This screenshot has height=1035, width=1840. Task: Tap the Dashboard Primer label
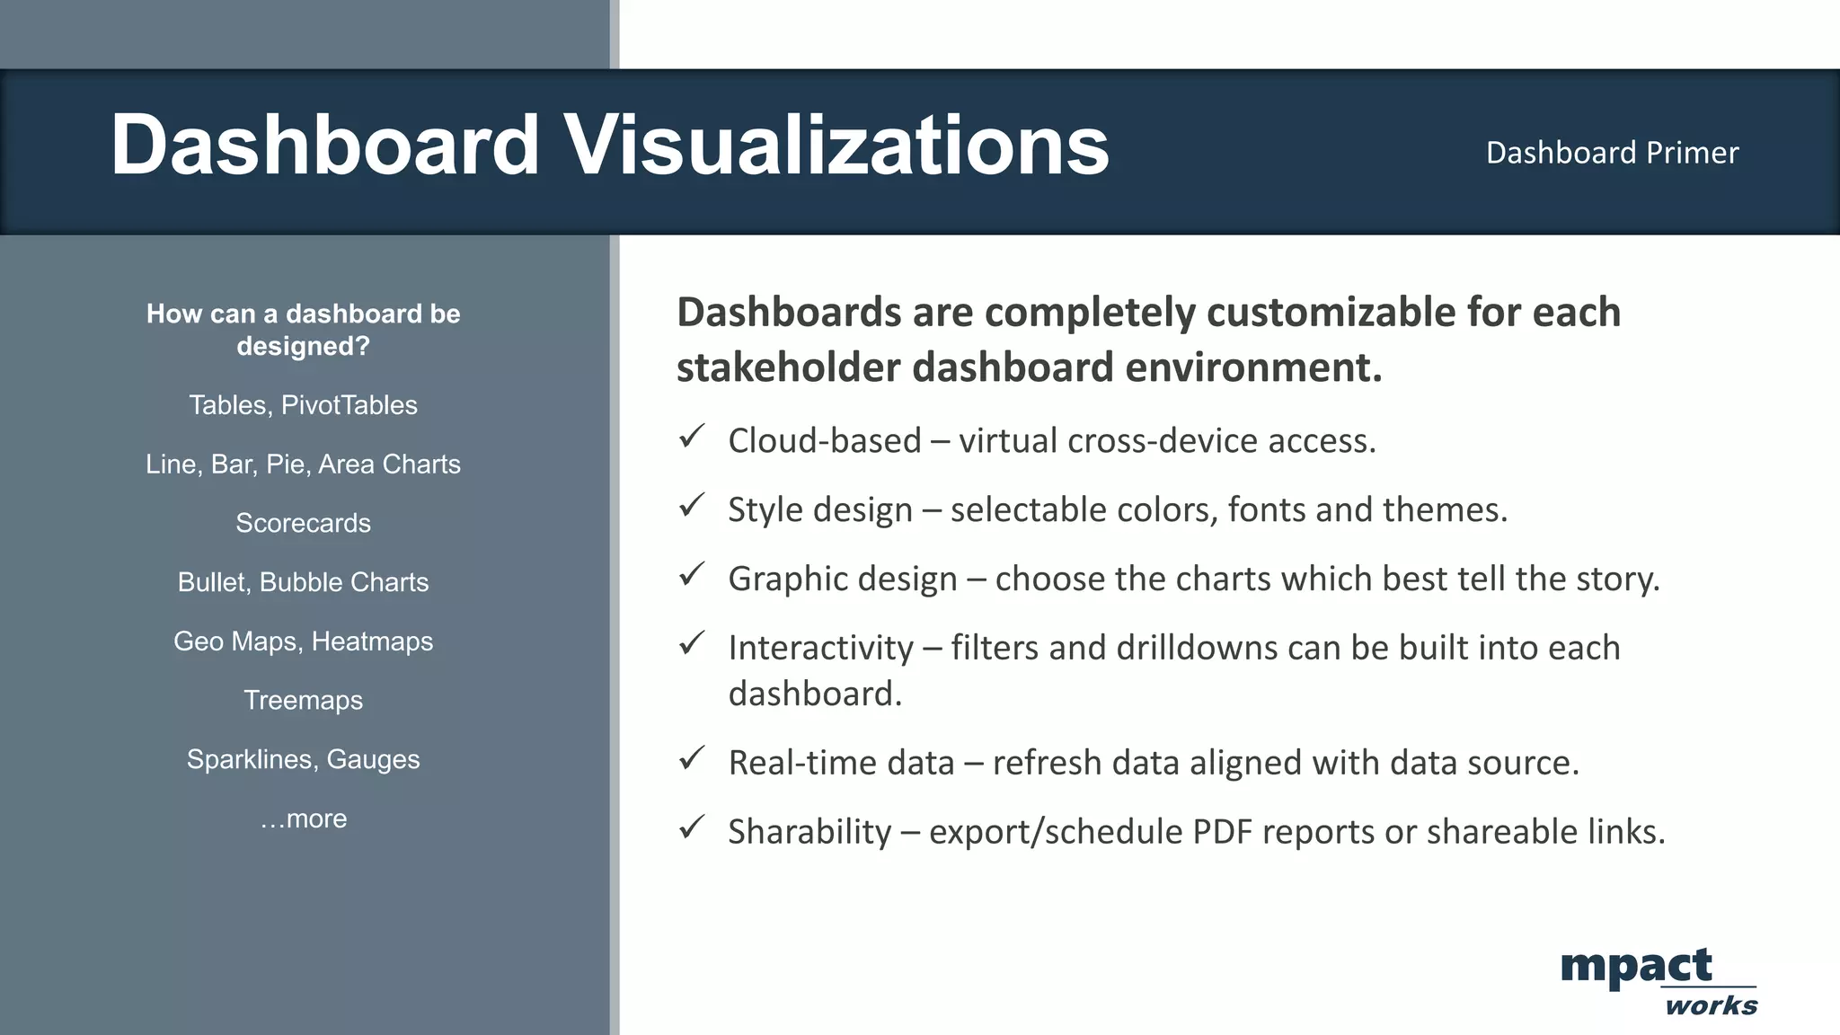click(x=1612, y=153)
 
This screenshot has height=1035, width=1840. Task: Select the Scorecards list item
click(x=303, y=523)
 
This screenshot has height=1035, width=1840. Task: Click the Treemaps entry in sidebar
click(x=303, y=700)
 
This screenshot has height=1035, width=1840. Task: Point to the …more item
click(x=303, y=818)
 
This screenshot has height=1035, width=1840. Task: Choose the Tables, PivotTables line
click(x=303, y=405)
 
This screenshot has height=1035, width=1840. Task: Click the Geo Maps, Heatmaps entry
click(x=303, y=641)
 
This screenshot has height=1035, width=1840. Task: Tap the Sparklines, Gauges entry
click(x=303, y=759)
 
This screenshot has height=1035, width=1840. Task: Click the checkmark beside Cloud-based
click(x=692, y=438)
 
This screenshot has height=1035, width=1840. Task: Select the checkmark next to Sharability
click(x=692, y=827)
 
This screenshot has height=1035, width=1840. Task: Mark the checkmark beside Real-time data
click(x=692, y=758)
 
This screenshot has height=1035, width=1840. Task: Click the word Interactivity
click(x=820, y=648)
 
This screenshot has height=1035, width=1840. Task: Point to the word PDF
click(x=1222, y=832)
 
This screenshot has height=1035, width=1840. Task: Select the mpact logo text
click(x=1636, y=968)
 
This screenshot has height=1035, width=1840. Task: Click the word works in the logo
click(x=1711, y=1006)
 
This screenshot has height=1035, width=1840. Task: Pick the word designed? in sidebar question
click(x=303, y=347)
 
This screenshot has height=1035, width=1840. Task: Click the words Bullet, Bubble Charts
click(x=303, y=582)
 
